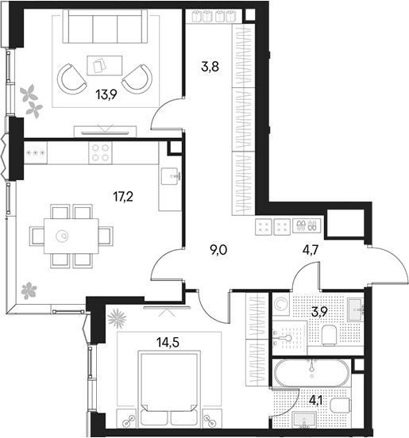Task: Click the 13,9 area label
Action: tap(106, 95)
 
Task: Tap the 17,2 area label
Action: tap(123, 197)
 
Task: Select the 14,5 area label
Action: tap(168, 342)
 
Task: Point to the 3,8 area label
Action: tap(210, 67)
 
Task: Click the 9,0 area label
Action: tap(218, 250)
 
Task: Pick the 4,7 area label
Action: tap(311, 250)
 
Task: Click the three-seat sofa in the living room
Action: tap(105, 26)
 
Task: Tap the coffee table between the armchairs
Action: tap(105, 65)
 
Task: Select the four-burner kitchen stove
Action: tap(101, 152)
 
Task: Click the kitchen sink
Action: tap(170, 176)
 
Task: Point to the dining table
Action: tap(71, 236)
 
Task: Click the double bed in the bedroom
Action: tap(169, 389)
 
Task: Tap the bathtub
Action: tap(311, 373)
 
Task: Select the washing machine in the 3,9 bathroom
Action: tap(280, 304)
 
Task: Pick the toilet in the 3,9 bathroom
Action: tap(329, 335)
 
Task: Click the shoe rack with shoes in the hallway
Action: tap(307, 225)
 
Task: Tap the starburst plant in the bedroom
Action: tap(118, 318)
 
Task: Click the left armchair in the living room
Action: tap(71, 79)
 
